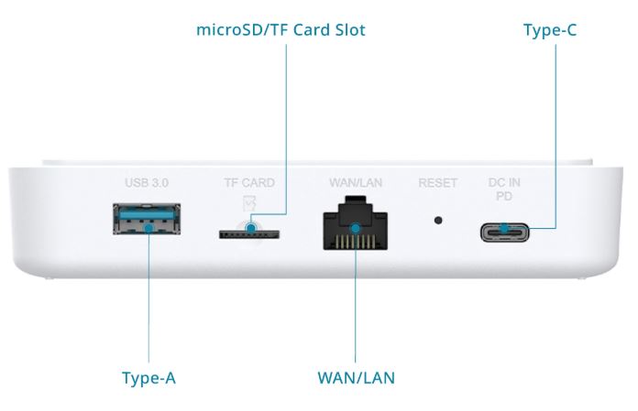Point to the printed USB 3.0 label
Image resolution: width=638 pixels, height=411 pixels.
tap(147, 183)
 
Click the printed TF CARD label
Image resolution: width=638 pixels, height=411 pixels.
tap(249, 183)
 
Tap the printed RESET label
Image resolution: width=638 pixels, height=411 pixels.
tap(437, 183)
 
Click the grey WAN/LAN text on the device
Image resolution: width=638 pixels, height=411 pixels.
tap(355, 183)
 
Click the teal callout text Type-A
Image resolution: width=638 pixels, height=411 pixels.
tap(148, 377)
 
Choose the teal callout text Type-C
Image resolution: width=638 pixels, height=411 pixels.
tap(549, 30)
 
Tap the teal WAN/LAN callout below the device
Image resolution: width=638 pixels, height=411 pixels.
tap(357, 377)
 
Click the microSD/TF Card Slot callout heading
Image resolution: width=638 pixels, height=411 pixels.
tap(280, 30)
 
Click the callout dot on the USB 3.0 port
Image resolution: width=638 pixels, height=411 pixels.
tap(146, 222)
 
